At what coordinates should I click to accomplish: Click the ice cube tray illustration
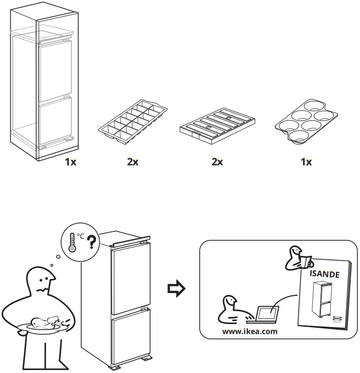tap(132, 121)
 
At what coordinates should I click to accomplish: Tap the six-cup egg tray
tap(306, 123)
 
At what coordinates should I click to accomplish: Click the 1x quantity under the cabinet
tap(71, 162)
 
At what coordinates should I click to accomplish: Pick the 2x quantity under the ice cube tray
tap(133, 162)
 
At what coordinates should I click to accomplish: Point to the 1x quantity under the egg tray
tap(306, 162)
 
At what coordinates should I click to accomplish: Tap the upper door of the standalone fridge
tap(128, 276)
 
